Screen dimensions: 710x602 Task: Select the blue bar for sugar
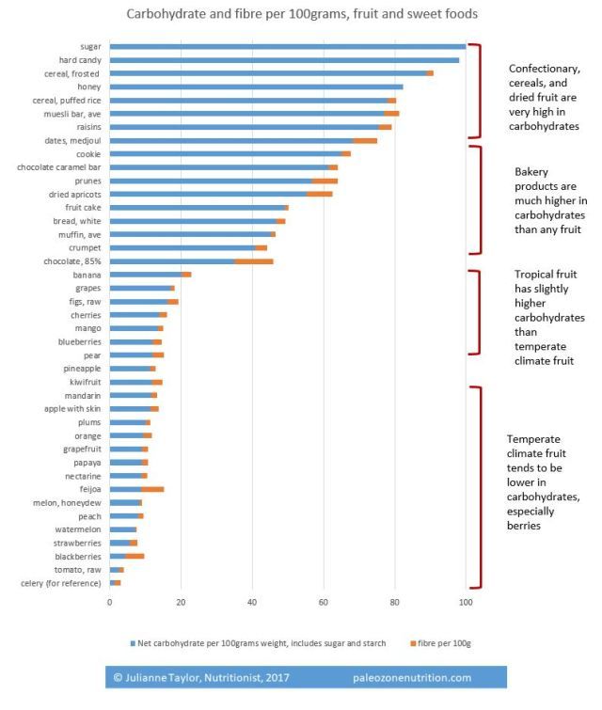click(x=288, y=46)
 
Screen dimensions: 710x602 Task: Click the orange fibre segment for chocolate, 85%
click(x=254, y=260)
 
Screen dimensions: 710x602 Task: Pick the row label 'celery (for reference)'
click(x=60, y=583)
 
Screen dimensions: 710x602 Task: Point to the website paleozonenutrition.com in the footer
click(x=412, y=676)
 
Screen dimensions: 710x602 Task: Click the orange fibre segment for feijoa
click(x=152, y=489)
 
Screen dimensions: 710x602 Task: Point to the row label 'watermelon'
click(x=78, y=529)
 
